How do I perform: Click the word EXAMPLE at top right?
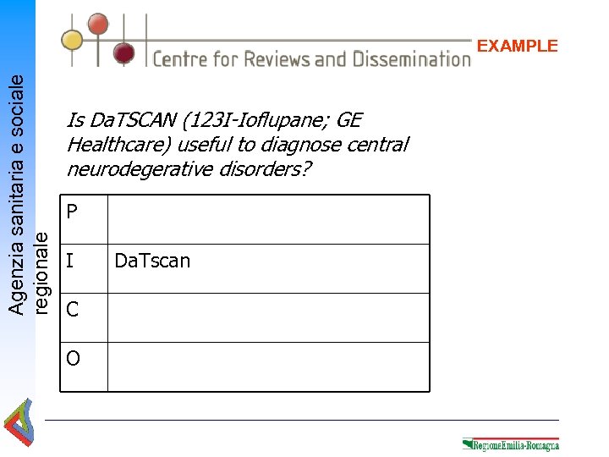[x=518, y=46]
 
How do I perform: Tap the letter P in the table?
[x=72, y=212]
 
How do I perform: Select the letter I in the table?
[x=69, y=261]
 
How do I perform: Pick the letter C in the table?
[x=72, y=310]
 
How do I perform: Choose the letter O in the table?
[x=73, y=359]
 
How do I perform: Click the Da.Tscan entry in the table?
[x=152, y=261]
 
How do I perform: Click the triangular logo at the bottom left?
[x=19, y=424]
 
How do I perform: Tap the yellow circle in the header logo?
[x=73, y=39]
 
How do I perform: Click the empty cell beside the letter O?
[x=268, y=366]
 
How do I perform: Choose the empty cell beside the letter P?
[x=268, y=219]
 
